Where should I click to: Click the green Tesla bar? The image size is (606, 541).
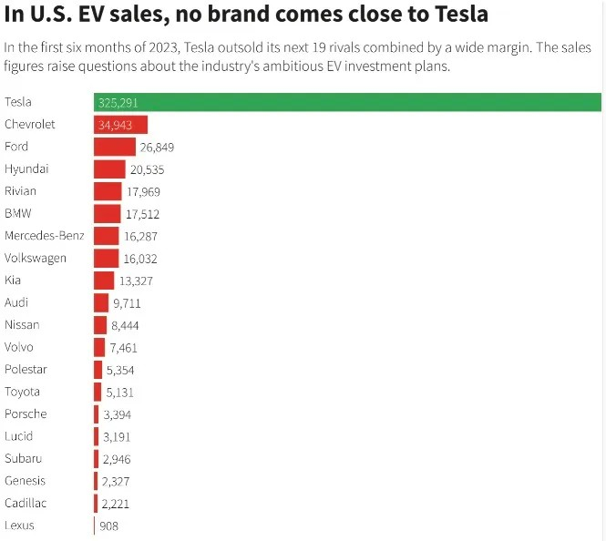[346, 102]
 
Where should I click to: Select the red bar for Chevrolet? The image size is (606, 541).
[120, 125]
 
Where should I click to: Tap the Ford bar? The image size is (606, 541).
[114, 147]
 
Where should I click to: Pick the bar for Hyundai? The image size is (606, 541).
[109, 169]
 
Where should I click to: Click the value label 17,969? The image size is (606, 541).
[144, 191]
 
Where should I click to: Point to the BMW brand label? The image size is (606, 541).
[19, 213]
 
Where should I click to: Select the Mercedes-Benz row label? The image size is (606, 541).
[44, 236]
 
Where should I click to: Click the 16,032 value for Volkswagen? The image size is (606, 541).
[140, 258]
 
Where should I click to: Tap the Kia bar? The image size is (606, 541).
[104, 281]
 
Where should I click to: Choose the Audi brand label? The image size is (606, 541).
[17, 302]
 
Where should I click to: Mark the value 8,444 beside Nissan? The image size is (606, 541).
[126, 325]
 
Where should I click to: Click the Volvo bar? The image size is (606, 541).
[99, 347]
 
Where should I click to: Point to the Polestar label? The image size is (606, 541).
[26, 370]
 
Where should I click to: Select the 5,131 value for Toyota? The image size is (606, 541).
[119, 392]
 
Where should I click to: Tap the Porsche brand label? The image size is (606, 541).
[26, 414]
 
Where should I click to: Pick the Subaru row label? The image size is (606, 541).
[23, 458]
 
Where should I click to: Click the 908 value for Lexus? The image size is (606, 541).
[109, 526]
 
